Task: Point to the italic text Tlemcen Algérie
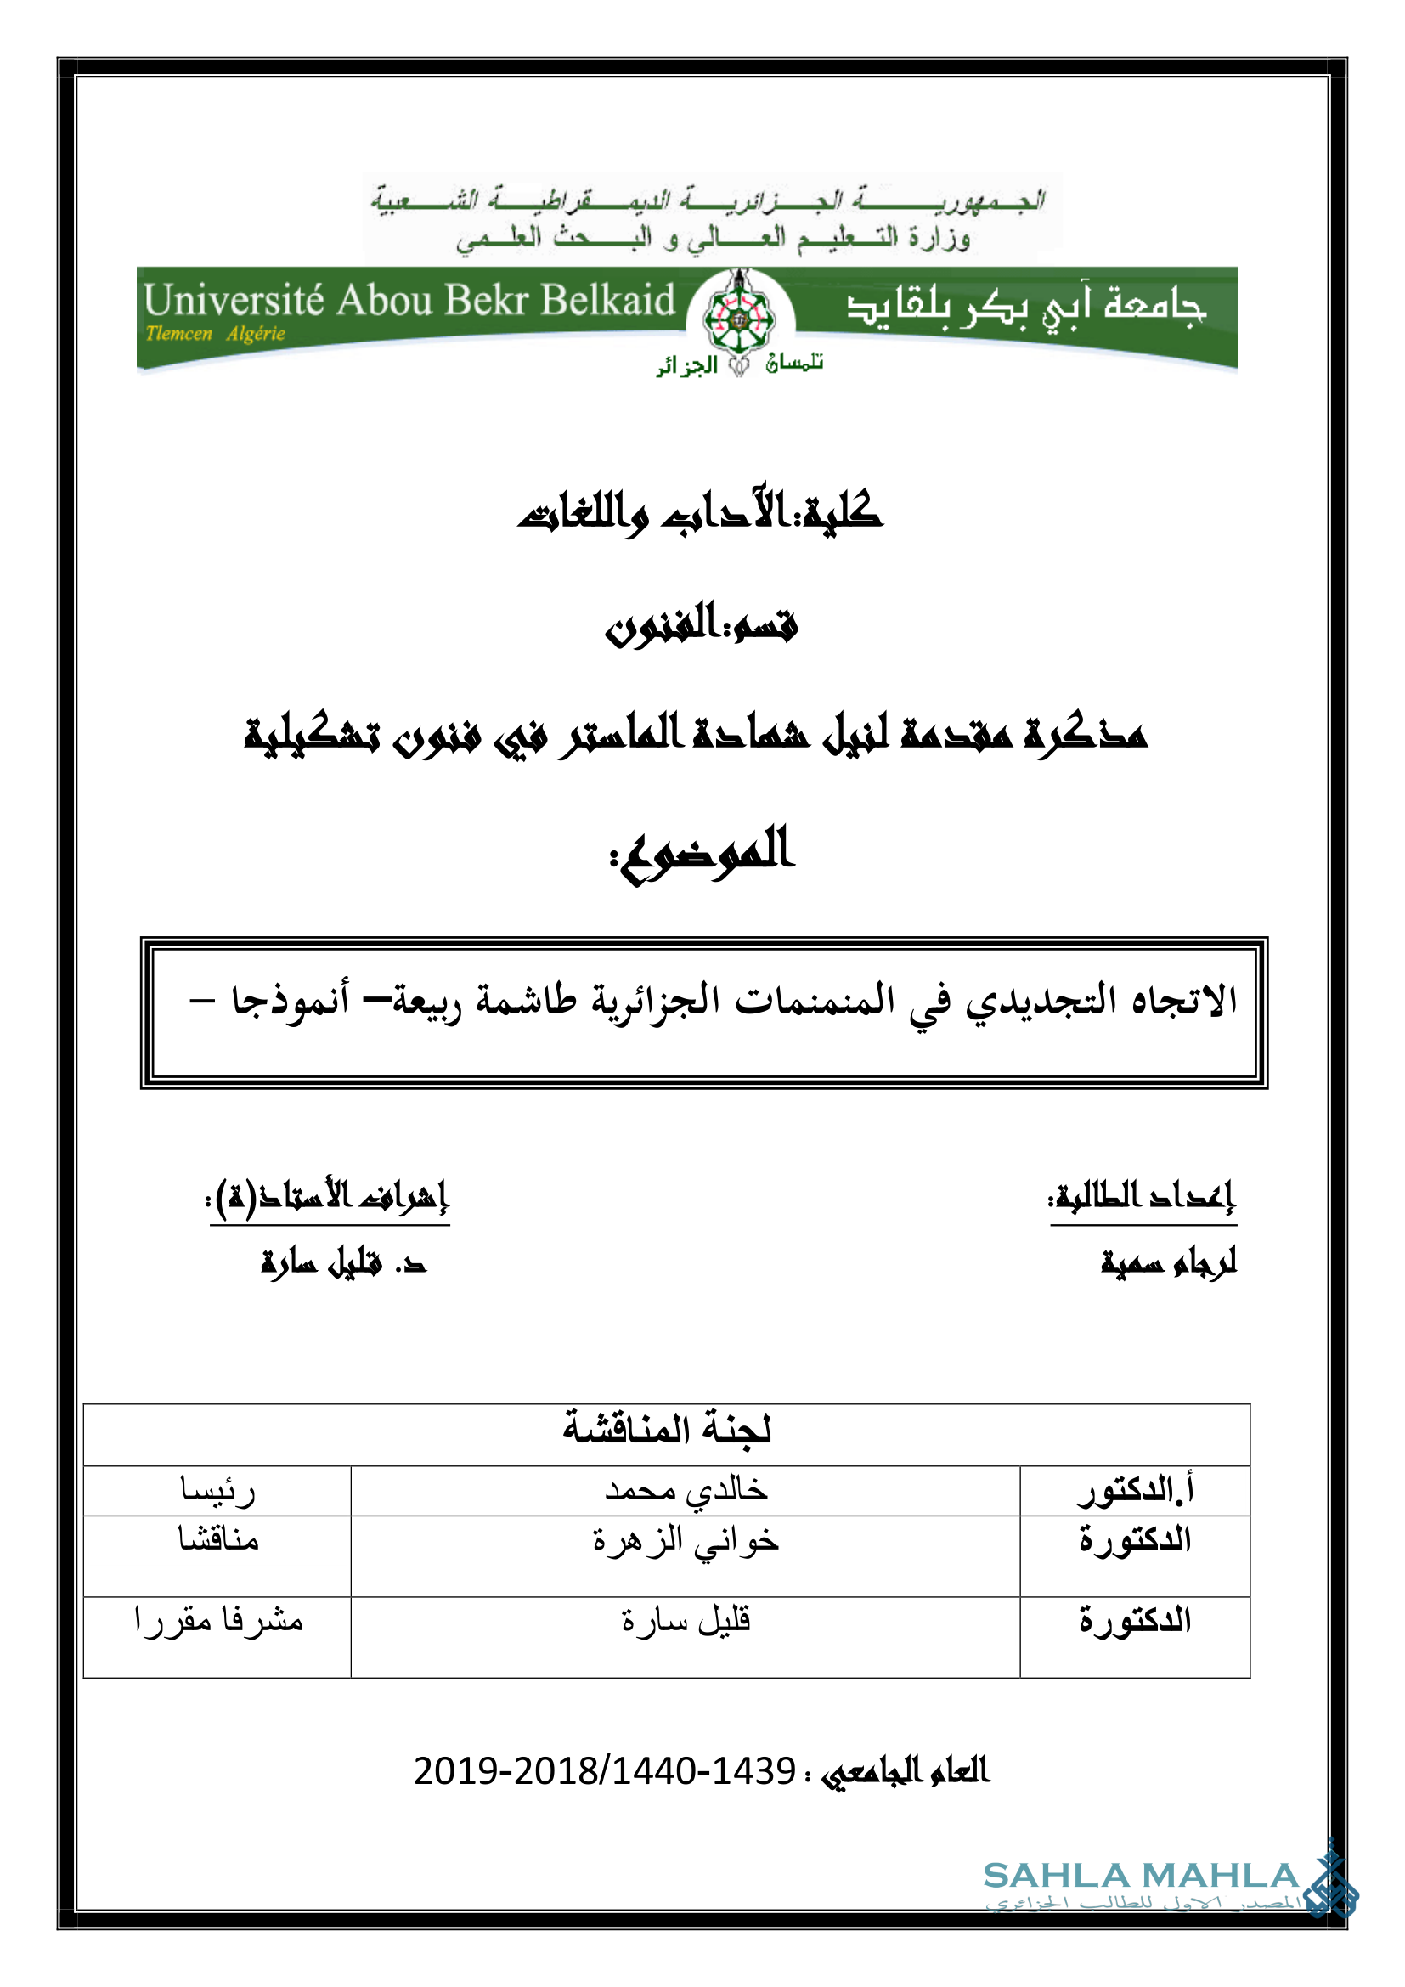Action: tap(216, 334)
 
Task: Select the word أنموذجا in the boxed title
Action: tap(290, 1002)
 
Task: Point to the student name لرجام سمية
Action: tap(1168, 1263)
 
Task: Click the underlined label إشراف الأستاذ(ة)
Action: tap(329, 1198)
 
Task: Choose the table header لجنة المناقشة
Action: tap(666, 1429)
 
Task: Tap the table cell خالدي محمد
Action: tap(686, 1489)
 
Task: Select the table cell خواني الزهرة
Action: tap(686, 1540)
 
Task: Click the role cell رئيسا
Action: tap(217, 1489)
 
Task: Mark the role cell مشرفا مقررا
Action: tap(218, 1620)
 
